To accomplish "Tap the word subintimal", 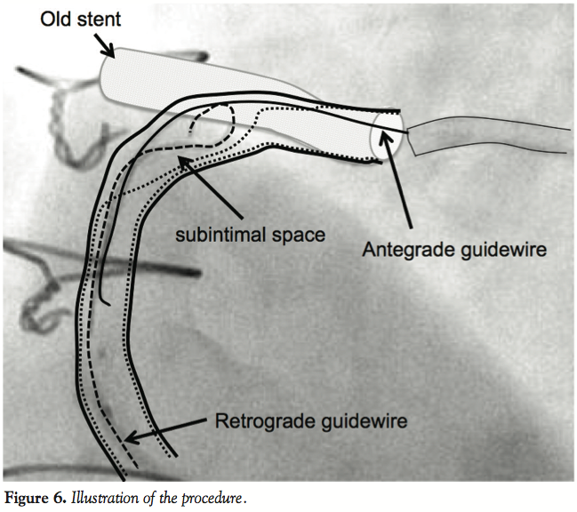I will (x=212, y=236).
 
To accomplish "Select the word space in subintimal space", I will (x=293, y=236).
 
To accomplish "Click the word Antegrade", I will (x=399, y=250).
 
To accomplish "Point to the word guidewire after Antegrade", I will (x=501, y=250).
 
